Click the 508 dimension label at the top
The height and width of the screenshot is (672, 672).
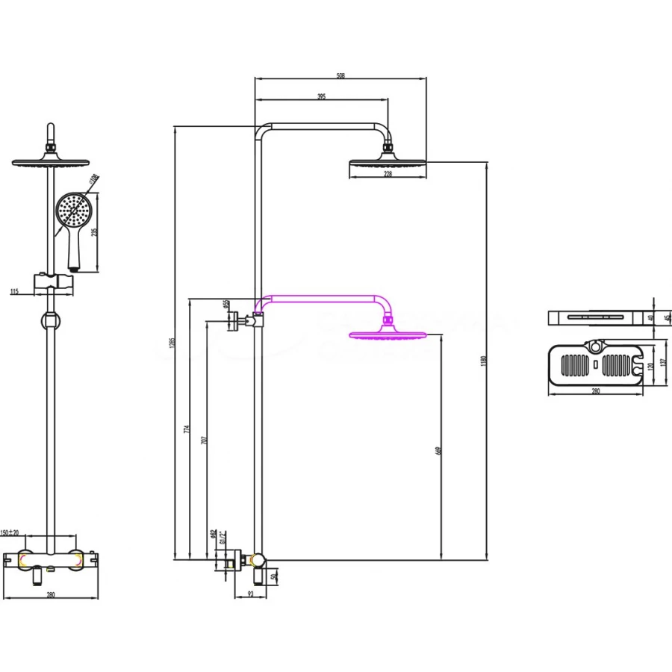tap(340, 76)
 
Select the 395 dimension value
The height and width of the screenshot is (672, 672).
tap(322, 96)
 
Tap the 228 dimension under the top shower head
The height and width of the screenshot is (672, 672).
tap(388, 173)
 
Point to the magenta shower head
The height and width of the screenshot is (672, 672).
tap(388, 334)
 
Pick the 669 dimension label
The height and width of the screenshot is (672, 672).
tap(439, 450)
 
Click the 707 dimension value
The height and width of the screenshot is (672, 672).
tap(204, 440)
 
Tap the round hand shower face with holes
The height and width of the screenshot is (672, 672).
tap(73, 210)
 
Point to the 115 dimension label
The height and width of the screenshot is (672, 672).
tap(14, 292)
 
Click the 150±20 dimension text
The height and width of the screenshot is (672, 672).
tap(10, 533)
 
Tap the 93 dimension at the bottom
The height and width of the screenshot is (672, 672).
tap(252, 594)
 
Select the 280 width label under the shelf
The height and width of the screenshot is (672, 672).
tap(595, 391)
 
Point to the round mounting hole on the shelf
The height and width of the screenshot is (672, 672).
tap(595, 347)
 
